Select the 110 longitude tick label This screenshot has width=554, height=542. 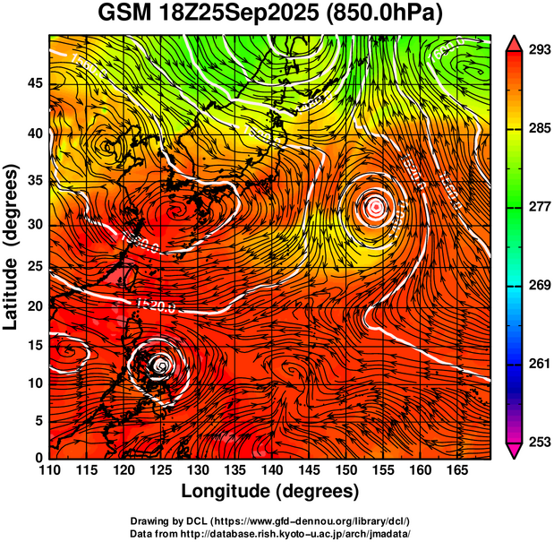(x=49, y=470)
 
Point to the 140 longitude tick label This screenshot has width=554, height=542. (x=271, y=470)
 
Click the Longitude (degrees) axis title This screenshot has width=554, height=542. (x=270, y=491)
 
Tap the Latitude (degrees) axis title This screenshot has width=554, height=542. (x=13, y=246)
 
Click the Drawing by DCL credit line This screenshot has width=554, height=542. (x=270, y=520)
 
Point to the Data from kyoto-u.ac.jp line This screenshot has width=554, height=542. (x=270, y=532)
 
